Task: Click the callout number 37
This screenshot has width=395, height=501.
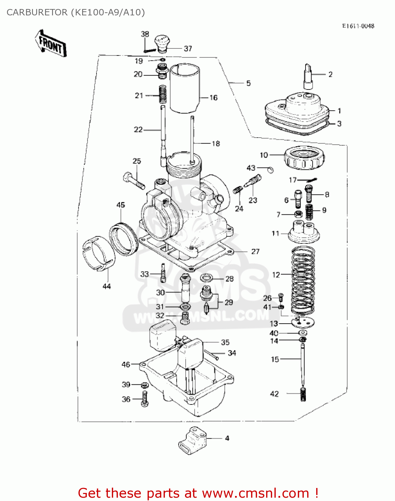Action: [188, 49]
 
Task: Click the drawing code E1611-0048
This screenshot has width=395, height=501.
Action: [358, 26]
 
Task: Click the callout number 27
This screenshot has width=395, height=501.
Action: [255, 252]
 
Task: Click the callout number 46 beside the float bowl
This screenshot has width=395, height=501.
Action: [126, 364]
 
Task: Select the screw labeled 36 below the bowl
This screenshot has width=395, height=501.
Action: [145, 399]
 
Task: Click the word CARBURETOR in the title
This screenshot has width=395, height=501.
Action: [37, 12]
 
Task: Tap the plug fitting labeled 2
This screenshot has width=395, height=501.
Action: [308, 76]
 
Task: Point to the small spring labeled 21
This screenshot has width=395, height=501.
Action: [162, 95]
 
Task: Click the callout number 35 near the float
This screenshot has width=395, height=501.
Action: [225, 342]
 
